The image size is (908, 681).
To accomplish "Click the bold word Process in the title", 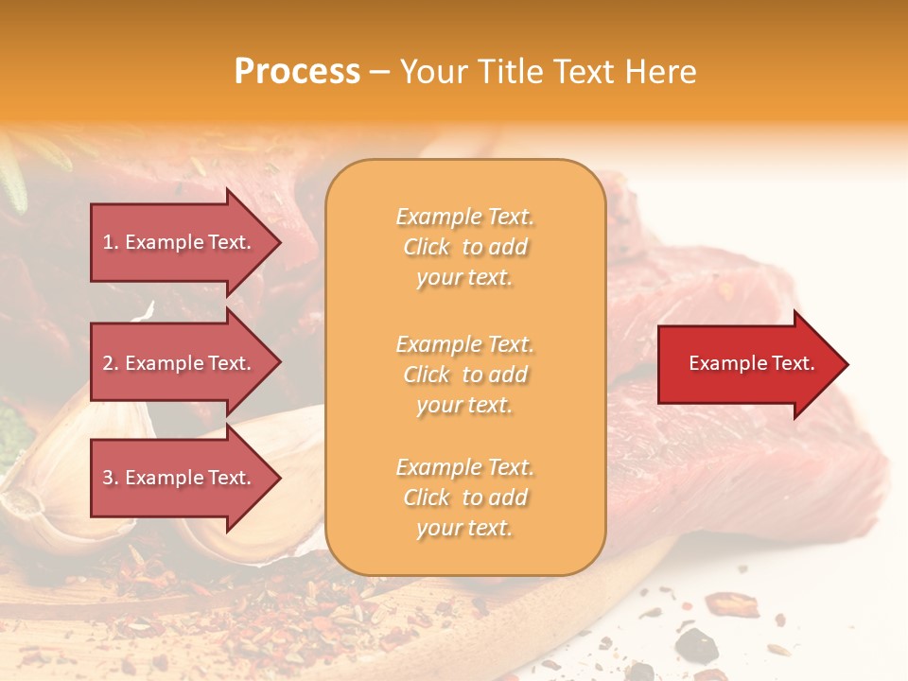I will [297, 72].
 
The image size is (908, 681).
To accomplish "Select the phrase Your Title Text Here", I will [548, 72].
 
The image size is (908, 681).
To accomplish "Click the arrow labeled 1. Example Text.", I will [180, 242].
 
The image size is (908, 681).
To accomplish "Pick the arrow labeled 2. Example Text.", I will [180, 363].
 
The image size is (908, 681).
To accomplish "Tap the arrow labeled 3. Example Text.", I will [180, 478].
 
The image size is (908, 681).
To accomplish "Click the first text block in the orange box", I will [464, 247].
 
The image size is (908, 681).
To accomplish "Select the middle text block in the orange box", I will [464, 375].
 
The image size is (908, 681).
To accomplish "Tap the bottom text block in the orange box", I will [464, 498].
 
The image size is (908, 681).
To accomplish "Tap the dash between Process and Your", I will [379, 73].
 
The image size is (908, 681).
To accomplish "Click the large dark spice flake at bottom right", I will [695, 645].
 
